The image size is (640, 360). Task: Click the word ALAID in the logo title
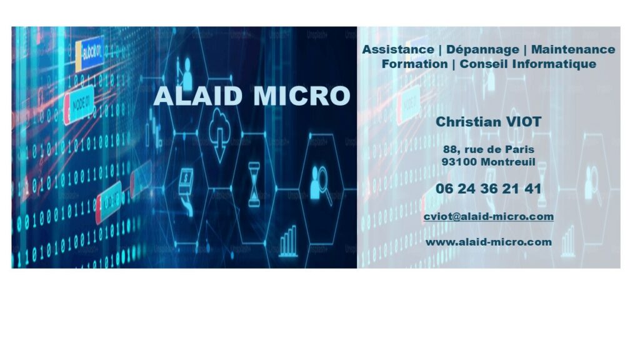198,96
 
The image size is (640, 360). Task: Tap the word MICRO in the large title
302,96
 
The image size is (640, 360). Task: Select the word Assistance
398,49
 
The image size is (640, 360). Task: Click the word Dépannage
482,50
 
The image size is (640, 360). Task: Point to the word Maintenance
573,49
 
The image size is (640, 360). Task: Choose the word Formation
415,64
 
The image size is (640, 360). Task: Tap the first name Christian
468,122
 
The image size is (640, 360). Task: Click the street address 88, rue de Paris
489,149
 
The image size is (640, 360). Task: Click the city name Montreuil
507,162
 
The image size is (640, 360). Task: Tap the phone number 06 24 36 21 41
489,189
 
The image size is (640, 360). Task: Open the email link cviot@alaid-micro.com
489,216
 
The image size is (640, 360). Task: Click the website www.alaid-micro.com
489,242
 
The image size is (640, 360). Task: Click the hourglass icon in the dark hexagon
254,184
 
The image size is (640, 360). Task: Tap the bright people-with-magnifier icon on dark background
321,184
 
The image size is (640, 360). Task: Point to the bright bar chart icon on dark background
288,241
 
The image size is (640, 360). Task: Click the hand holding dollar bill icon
186,190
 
